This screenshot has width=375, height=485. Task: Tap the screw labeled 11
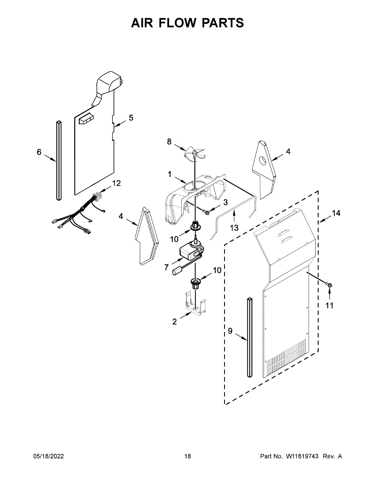(330, 285)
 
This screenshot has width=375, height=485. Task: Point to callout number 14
(336, 213)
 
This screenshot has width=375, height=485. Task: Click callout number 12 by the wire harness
(116, 183)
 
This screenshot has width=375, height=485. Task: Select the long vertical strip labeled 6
(59, 160)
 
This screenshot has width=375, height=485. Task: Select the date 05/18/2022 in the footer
(48, 456)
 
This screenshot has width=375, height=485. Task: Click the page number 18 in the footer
(187, 456)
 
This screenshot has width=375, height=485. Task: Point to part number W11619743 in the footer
(302, 456)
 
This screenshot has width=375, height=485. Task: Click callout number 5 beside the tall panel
(131, 118)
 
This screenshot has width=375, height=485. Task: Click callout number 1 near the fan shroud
(170, 175)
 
